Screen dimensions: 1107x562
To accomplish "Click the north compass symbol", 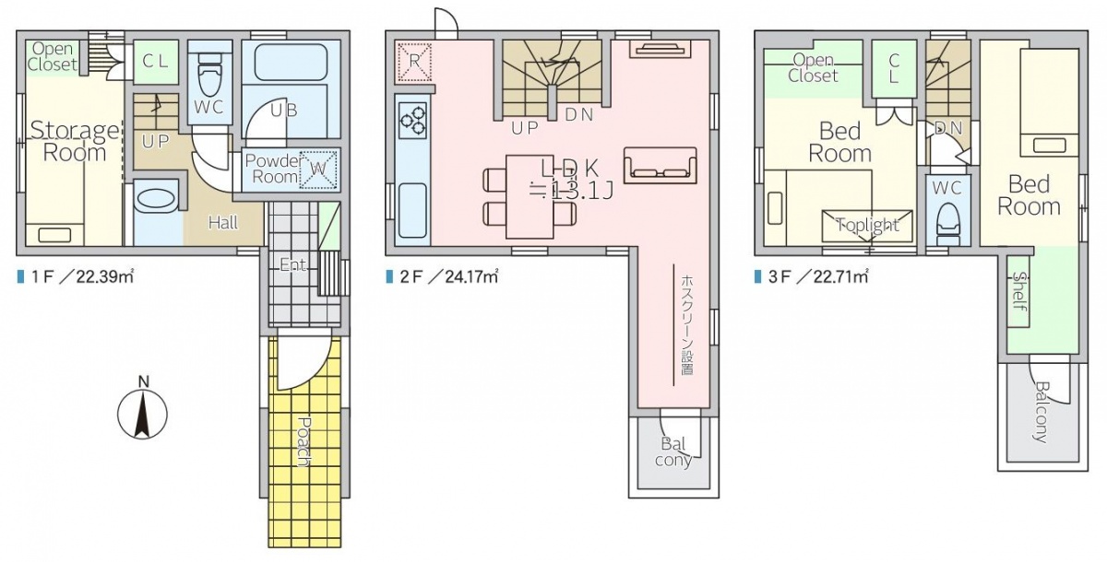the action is [142, 414].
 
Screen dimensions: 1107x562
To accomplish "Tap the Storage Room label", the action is [75, 142].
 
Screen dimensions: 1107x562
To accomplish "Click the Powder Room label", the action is [273, 169].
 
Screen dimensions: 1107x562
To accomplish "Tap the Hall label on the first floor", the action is [223, 223].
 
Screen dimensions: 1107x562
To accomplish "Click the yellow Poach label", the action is [303, 441].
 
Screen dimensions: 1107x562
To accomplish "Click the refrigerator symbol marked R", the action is [414, 62].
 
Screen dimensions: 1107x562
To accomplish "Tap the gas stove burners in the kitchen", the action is [413, 121].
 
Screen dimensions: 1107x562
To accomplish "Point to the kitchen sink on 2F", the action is [412, 211].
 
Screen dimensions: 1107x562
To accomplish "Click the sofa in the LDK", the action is [661, 166].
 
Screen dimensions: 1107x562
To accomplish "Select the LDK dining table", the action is [530, 196].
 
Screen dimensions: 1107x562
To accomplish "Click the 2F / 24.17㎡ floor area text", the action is [442, 276].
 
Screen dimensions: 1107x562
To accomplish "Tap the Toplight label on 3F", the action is [868, 225].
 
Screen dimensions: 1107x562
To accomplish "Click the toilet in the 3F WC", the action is [948, 225].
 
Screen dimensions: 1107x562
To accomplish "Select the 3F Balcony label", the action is [1042, 411].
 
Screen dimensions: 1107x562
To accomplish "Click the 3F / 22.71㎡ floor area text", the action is [812, 276].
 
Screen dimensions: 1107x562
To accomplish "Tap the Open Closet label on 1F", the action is [53, 56].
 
